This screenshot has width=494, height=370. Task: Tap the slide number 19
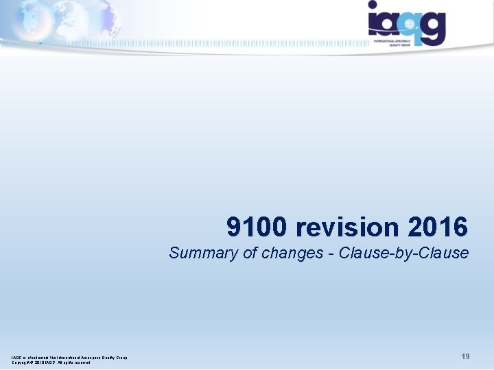coord(465,357)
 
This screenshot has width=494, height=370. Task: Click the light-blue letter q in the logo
coord(411,26)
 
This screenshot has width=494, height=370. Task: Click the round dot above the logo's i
coord(373,5)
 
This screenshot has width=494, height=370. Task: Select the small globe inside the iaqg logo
coord(410,23)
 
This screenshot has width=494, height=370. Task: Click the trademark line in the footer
coord(69,357)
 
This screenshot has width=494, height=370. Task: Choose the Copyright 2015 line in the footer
coord(51,362)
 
